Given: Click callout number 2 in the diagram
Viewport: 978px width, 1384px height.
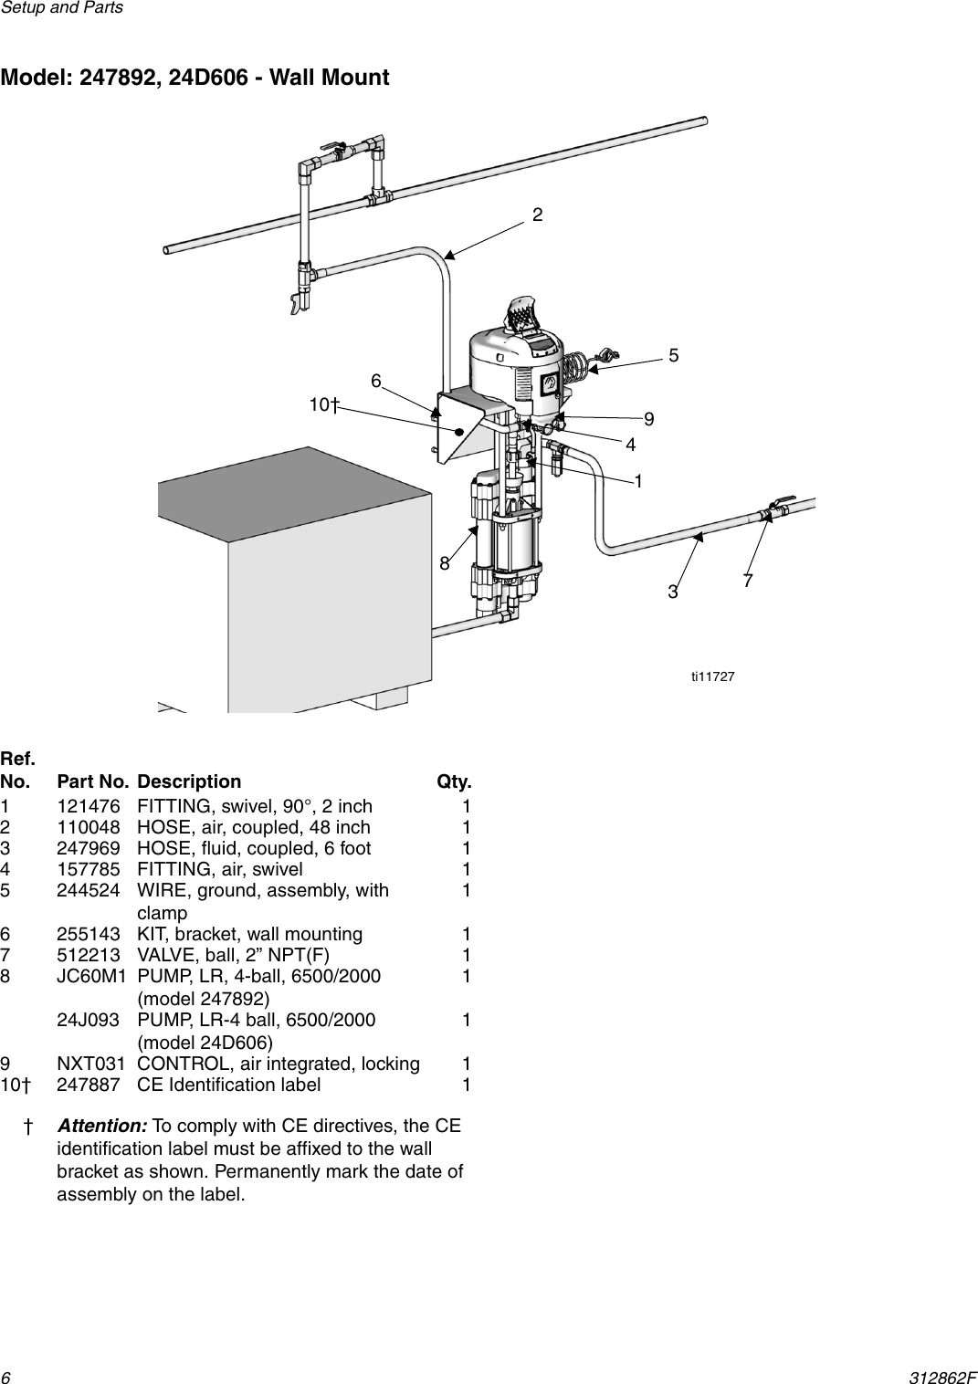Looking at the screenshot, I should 538,215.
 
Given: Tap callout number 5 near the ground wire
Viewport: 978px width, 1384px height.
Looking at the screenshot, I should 674,355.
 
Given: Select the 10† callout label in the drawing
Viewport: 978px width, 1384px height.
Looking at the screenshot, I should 324,404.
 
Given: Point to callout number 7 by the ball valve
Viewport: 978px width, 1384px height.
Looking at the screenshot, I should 748,580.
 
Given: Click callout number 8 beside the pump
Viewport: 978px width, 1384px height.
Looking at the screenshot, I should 445,563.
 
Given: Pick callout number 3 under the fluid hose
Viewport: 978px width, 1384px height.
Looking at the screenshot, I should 674,592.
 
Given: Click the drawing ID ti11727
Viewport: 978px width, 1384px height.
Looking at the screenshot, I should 713,676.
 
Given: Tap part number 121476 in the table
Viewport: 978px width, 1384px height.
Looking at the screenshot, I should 86,806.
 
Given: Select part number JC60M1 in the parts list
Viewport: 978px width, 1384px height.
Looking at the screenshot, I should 88,976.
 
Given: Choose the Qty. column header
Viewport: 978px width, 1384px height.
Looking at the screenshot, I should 454,782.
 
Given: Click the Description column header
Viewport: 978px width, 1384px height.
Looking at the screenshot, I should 189,782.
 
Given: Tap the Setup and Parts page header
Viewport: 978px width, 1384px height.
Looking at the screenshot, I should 61,8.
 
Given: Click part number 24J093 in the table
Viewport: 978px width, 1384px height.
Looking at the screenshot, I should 86,1020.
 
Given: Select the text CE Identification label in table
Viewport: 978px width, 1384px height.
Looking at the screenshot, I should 228,1085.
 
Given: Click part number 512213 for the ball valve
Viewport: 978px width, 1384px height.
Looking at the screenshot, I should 86,955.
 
